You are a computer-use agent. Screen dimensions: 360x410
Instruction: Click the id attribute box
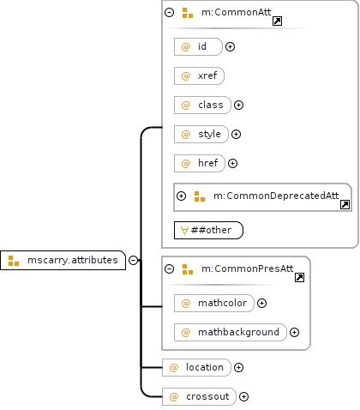coord(198,46)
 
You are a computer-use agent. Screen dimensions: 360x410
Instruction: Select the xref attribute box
coord(199,75)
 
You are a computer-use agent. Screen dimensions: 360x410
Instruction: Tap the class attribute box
coord(202,105)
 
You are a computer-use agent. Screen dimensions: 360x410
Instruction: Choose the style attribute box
coord(201,134)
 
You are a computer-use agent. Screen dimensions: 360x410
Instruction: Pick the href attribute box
coord(200,163)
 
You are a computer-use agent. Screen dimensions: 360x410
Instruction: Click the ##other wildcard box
coord(208,230)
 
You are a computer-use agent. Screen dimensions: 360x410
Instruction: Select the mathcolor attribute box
coord(214,303)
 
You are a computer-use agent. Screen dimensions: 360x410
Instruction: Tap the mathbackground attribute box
coord(231,332)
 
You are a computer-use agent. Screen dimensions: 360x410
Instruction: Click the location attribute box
coord(196,367)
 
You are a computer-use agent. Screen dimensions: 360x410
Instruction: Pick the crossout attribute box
coord(199,396)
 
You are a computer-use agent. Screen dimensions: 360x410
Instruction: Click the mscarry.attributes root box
coord(63,260)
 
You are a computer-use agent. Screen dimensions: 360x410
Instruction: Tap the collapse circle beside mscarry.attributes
coord(133,260)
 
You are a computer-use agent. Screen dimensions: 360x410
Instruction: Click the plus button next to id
coord(231,46)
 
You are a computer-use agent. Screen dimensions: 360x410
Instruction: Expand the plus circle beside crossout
coord(243,396)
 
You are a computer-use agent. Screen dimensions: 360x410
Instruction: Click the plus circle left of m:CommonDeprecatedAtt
coord(181,196)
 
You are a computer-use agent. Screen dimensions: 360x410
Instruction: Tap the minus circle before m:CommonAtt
coord(169,12)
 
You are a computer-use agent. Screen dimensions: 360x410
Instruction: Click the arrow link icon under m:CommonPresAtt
coord(299,277)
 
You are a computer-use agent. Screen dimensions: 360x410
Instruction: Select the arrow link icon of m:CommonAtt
coord(277,21)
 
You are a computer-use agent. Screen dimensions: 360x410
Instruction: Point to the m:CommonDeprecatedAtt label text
coord(276,196)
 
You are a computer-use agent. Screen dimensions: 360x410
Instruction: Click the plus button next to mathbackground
coord(294,332)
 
